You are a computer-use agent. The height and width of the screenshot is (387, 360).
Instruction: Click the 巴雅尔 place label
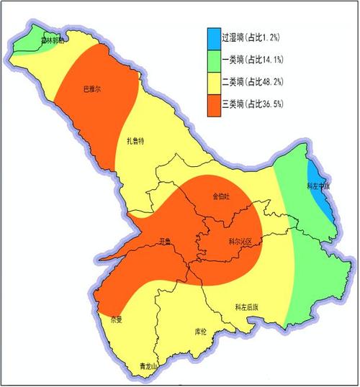(x=93, y=89)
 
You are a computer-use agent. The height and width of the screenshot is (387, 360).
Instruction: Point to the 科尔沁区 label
(x=238, y=242)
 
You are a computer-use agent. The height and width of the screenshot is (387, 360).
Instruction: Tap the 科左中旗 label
(x=318, y=186)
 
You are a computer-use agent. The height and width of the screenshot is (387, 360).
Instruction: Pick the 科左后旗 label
(x=246, y=306)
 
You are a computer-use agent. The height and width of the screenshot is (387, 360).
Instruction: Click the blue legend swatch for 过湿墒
(x=214, y=36)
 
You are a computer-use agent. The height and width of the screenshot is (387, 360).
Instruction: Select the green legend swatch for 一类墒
(x=214, y=59)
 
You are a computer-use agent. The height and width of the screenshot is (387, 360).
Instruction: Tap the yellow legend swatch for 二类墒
(x=214, y=81)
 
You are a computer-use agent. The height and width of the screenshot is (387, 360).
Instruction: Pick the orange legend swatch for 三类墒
(x=214, y=104)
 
